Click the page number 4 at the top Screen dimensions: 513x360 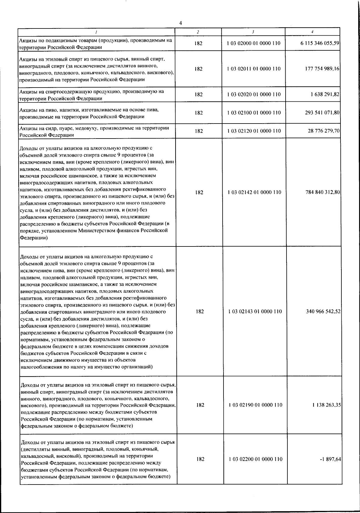tap(180, 23)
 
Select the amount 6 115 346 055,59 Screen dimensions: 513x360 tap(320, 43)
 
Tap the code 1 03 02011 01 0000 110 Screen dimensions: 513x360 tap(254, 69)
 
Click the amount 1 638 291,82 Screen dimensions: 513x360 tap(325, 94)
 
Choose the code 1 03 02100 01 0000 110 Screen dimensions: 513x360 tap(254, 113)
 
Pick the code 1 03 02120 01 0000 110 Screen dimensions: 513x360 tap(254, 131)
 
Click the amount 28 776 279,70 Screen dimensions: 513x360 tap(324, 131)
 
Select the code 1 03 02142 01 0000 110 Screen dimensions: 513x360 tap(254, 192)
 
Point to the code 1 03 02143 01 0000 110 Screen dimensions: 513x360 tap(255, 312)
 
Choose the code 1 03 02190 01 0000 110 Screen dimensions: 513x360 tap(255, 405)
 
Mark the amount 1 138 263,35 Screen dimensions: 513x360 tap(326, 405)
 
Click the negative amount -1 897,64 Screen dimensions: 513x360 tap(331, 459)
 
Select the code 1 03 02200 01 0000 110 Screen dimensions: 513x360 tap(256, 459)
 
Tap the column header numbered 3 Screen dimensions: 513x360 tap(253, 32)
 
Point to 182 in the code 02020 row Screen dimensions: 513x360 tap(199, 94)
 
